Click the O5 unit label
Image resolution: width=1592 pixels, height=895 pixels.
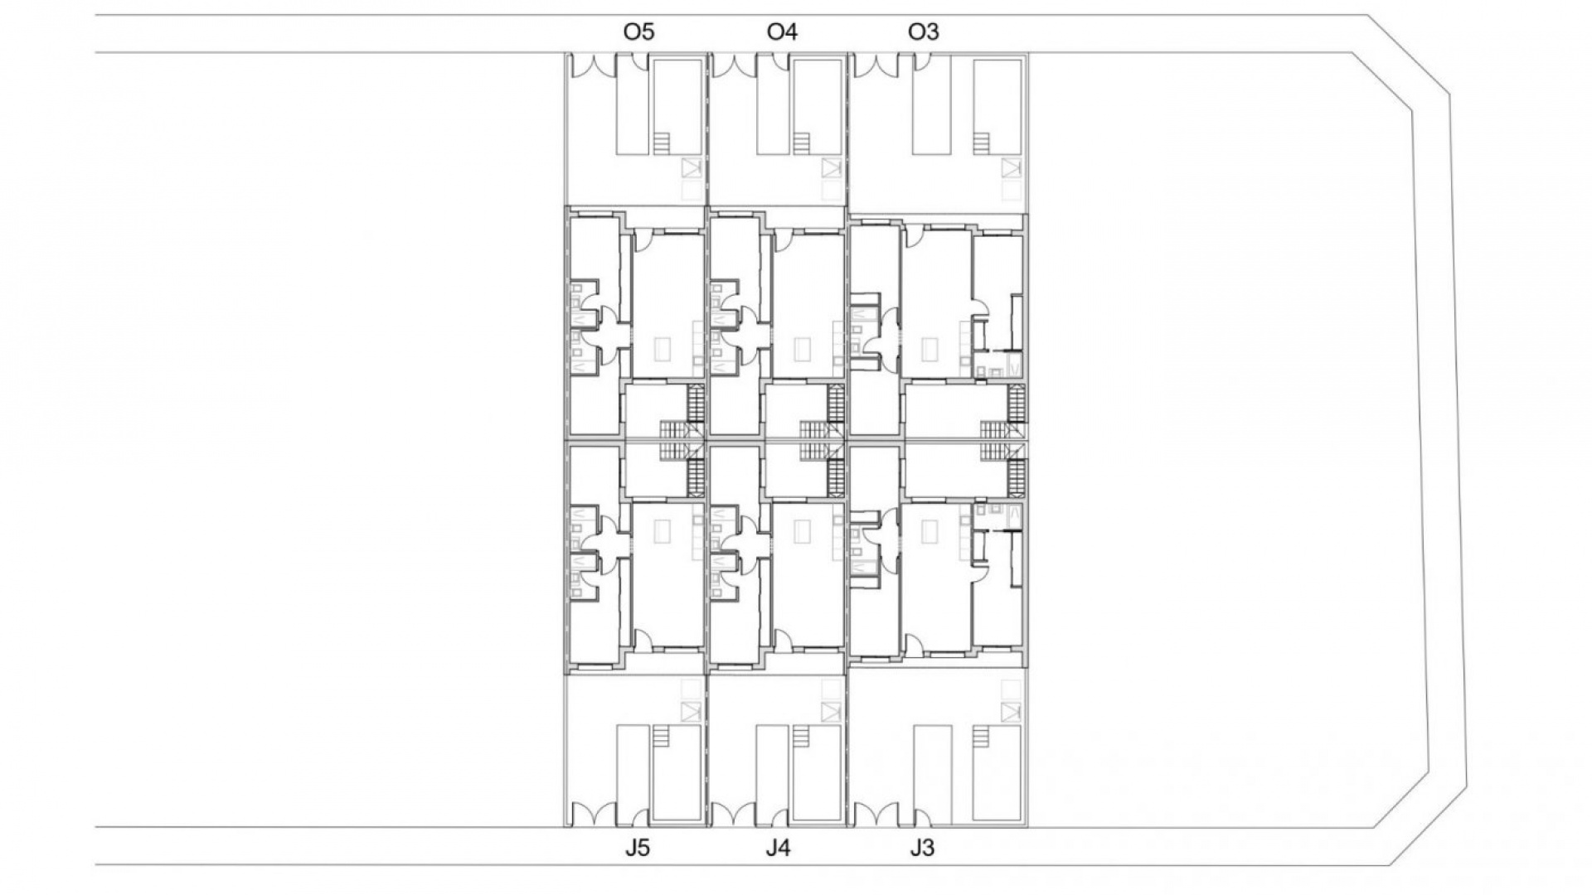pyautogui.click(x=638, y=32)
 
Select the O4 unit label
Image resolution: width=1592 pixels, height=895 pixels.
pyautogui.click(x=782, y=32)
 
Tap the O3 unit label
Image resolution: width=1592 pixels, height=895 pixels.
pyautogui.click(x=923, y=32)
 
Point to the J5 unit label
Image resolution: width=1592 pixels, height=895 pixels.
pyautogui.click(x=638, y=849)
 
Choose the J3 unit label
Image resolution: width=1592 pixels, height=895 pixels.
pyautogui.click(x=921, y=849)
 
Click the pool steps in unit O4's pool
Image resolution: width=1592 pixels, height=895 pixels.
pyautogui.click(x=801, y=143)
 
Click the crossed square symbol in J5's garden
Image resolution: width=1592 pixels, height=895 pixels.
pyautogui.click(x=691, y=711)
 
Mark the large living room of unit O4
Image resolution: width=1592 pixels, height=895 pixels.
pyautogui.click(x=808, y=307)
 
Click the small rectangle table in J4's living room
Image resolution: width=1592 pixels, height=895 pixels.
pyautogui.click(x=802, y=531)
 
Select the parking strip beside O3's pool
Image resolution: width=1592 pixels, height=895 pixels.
pyautogui.click(x=930, y=106)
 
